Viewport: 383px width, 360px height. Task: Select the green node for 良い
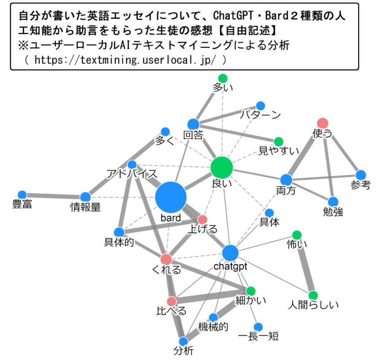[222, 168]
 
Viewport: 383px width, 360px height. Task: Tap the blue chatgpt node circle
[230, 253]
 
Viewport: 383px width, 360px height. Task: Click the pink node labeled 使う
[323, 123]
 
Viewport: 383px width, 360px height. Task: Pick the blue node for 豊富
[22, 195]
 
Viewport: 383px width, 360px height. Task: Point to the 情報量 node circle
[85, 197]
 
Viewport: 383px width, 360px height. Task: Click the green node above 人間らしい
[313, 295]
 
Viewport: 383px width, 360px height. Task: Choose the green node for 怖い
[296, 235]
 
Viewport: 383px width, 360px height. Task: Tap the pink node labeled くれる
[166, 259]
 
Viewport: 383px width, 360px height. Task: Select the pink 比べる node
[172, 301]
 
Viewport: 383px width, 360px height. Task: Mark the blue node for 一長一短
[258, 327]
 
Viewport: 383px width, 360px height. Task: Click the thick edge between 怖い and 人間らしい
[305, 265]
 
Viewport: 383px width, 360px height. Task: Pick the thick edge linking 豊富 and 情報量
[53, 196]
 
